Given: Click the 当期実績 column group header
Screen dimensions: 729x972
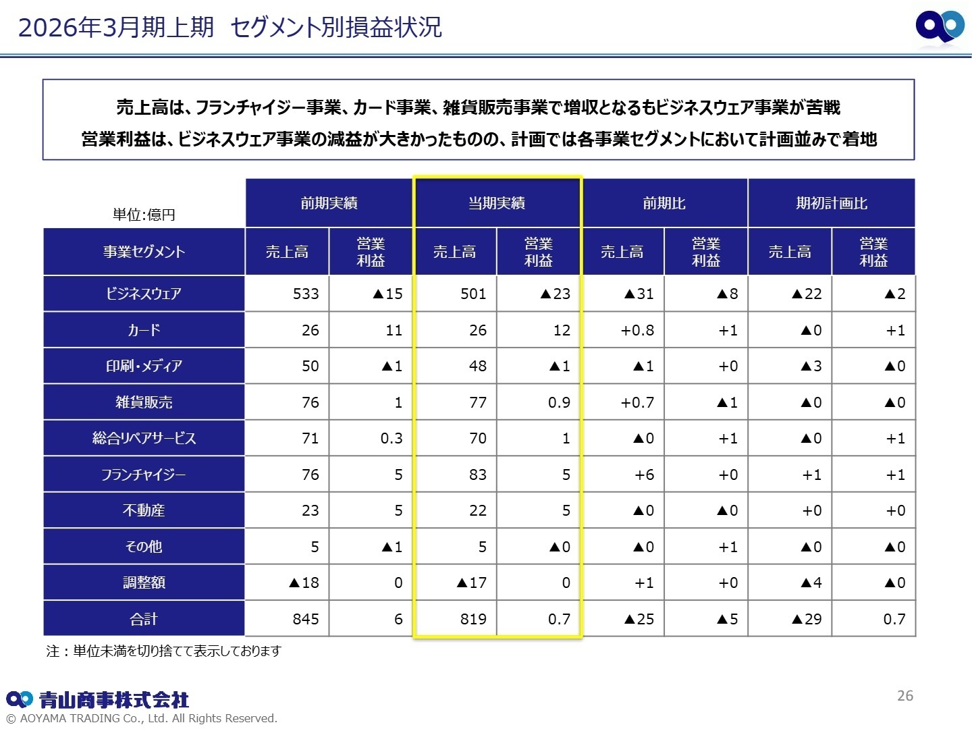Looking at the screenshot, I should point(497,203).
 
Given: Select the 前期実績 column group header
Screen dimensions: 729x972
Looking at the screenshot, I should point(329,203).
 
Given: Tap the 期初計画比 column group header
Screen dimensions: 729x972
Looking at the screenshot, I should point(832,203).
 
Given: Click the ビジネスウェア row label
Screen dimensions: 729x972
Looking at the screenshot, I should point(144,294).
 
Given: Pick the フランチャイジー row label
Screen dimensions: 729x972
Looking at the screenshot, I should point(144,475).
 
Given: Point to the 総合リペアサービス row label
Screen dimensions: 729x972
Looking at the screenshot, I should point(144,438).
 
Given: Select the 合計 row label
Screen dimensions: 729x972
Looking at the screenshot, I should point(144,619).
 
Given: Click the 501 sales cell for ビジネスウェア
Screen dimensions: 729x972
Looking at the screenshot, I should point(473,294).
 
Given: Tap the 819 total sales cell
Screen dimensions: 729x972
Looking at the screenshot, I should point(473,619).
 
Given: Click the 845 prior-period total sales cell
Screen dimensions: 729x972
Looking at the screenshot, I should point(306,619).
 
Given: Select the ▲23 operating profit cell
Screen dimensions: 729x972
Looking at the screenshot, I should point(555,294).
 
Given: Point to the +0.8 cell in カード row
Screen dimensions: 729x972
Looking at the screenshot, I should point(637,330).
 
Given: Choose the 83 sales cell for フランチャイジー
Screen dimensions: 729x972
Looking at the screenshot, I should point(477,475).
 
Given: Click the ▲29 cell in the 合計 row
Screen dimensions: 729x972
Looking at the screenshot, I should point(807,619).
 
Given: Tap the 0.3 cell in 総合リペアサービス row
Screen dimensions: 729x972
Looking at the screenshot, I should point(391,438).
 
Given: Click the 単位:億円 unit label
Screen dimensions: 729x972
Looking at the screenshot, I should point(144,215).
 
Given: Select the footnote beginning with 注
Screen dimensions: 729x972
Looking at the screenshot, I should point(163,651).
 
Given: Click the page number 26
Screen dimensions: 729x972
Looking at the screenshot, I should point(905,695).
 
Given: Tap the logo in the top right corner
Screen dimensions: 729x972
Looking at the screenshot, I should point(940,27).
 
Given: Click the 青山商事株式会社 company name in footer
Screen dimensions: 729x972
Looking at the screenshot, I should point(113,699).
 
